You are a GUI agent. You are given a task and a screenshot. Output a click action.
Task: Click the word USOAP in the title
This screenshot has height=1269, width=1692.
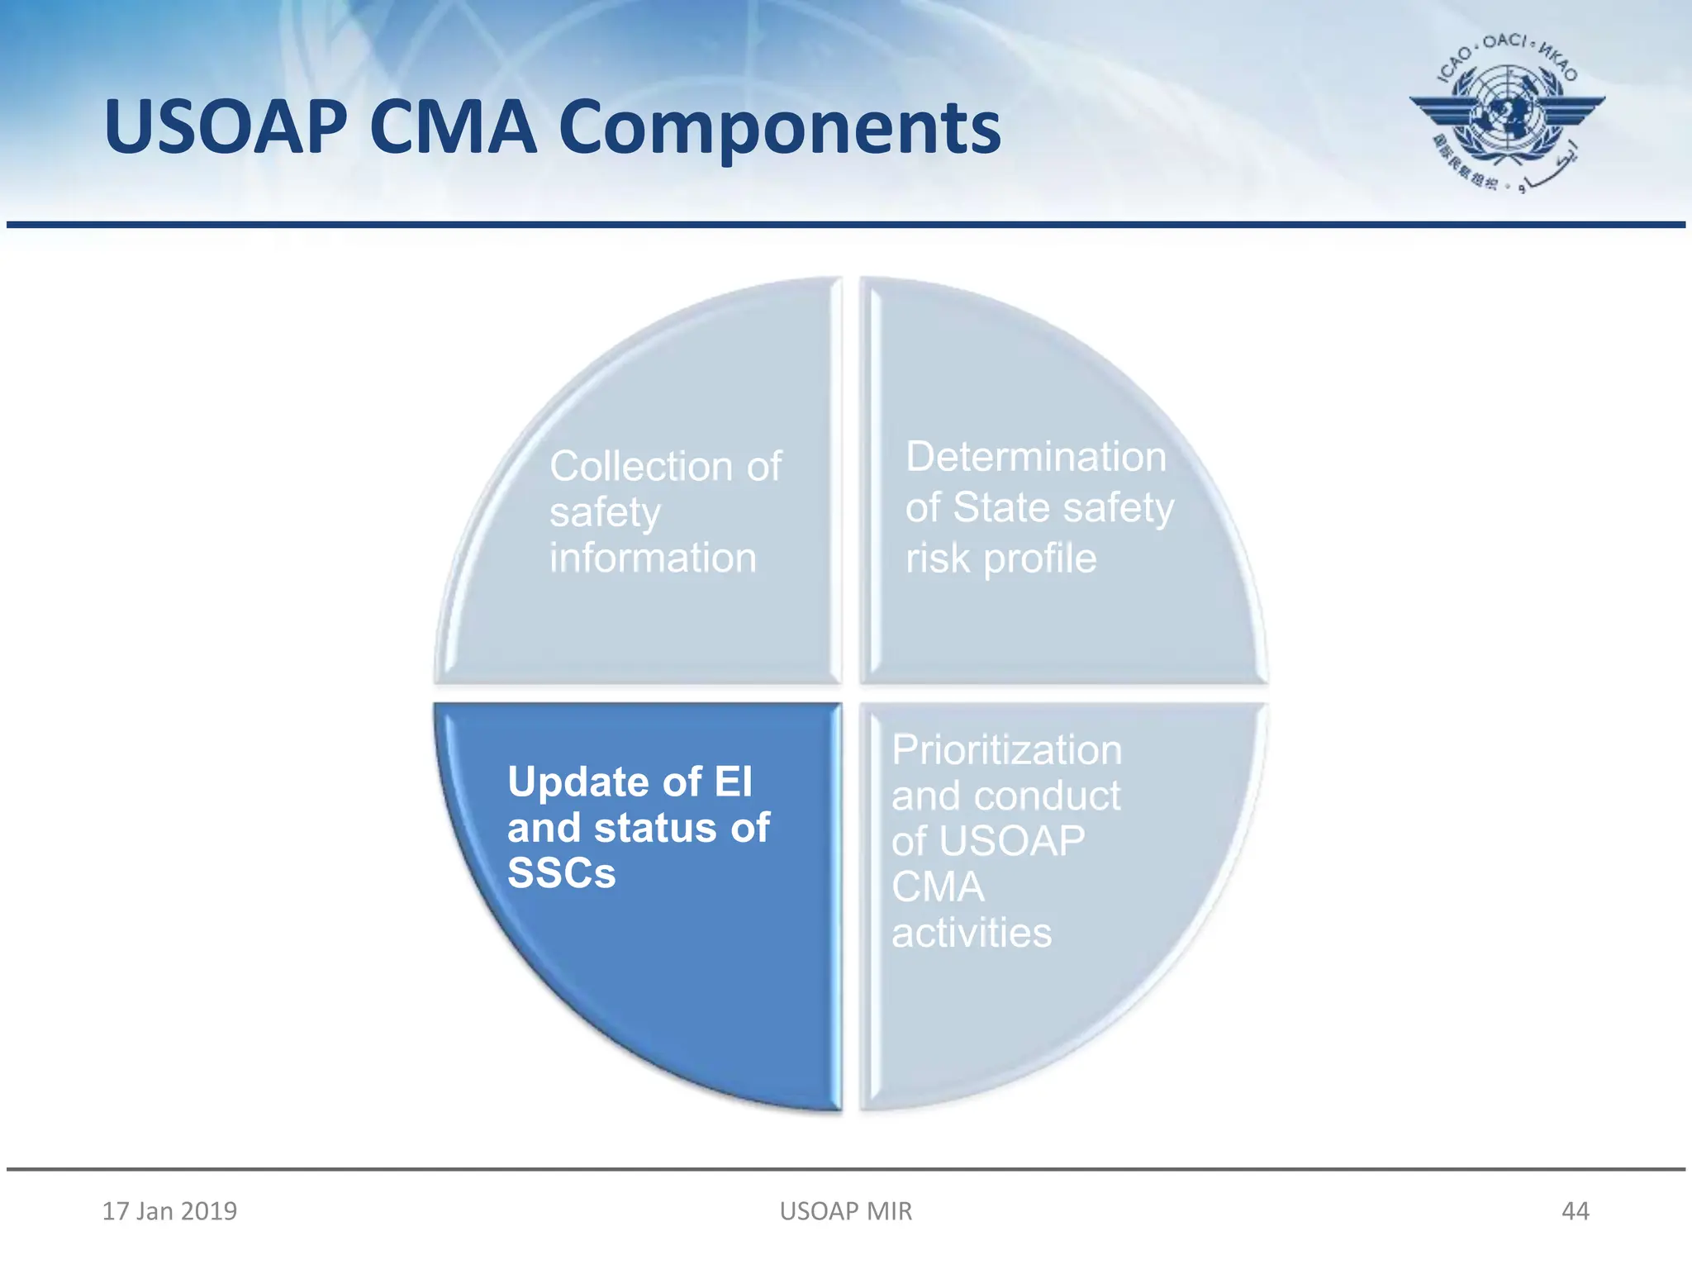(x=226, y=128)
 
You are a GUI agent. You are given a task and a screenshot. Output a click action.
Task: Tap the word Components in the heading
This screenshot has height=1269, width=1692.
(x=779, y=128)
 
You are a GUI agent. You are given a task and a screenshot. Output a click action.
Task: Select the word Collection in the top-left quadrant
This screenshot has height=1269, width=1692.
(x=642, y=466)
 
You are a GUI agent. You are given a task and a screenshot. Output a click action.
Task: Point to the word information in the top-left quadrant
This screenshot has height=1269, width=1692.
(x=653, y=558)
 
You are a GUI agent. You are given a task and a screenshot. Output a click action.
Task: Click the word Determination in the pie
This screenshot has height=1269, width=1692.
(x=1036, y=457)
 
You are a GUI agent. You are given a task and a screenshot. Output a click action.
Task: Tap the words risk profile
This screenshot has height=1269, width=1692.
(x=1000, y=558)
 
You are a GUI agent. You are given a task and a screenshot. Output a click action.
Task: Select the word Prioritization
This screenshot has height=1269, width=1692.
(x=1006, y=750)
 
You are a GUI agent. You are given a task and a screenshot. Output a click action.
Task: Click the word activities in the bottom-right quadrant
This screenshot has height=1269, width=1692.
(x=972, y=933)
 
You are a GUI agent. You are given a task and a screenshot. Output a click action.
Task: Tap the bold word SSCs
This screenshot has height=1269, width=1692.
(x=562, y=873)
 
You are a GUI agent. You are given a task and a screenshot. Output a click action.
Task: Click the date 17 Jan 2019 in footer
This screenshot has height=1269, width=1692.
(x=169, y=1211)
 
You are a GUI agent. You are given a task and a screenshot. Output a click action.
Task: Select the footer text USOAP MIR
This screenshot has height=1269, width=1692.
(x=846, y=1211)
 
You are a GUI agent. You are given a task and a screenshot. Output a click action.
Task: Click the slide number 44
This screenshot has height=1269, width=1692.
(x=1575, y=1211)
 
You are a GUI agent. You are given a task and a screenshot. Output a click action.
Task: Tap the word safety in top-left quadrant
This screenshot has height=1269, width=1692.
(x=605, y=512)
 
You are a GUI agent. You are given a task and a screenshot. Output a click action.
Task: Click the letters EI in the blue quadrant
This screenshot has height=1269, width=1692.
(x=734, y=782)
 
